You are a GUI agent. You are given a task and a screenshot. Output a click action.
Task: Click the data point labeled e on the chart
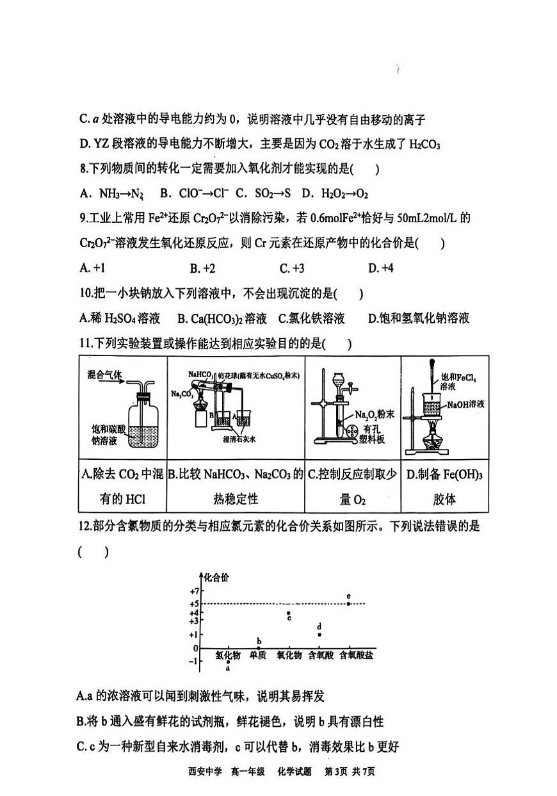tap(348, 603)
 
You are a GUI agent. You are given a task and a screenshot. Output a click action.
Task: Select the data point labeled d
tap(319, 635)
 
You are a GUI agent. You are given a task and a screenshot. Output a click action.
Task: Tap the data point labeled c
tap(289, 613)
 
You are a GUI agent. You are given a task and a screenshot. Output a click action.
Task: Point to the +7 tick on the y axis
tap(195, 591)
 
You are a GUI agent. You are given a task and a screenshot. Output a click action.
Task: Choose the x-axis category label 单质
tap(259, 655)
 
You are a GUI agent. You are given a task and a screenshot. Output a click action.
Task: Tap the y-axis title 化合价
tap(216, 577)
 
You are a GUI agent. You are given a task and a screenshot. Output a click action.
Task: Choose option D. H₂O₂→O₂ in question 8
tap(335, 193)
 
